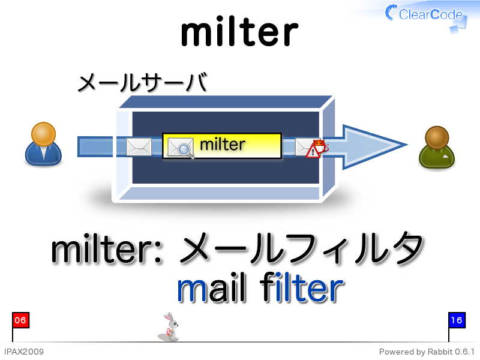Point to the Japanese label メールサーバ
click(143, 82)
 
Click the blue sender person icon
click(43, 144)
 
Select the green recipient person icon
click(437, 147)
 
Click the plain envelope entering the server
click(139, 146)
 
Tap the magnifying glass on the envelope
click(185, 151)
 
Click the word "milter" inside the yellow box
click(223, 144)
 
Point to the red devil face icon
click(320, 146)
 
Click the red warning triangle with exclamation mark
click(313, 152)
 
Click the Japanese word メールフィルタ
click(301, 248)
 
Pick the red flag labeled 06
click(20, 320)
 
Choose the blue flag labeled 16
click(457, 320)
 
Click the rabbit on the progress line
click(169, 327)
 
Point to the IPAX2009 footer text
click(24, 352)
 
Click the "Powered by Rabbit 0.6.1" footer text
click(427, 352)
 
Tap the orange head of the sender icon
click(43, 134)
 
